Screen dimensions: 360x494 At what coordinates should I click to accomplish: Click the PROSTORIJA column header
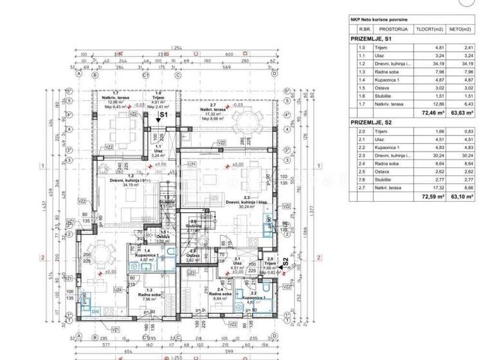pos(396,30)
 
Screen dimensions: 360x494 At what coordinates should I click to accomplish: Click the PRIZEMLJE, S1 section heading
pos(370,39)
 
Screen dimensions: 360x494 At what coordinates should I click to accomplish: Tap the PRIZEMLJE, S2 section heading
pos(370,122)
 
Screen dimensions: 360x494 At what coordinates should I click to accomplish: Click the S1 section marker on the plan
pos(163,114)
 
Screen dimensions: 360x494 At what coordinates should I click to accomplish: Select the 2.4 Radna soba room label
pos(221,294)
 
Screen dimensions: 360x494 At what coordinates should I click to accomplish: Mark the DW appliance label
pos(95,312)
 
